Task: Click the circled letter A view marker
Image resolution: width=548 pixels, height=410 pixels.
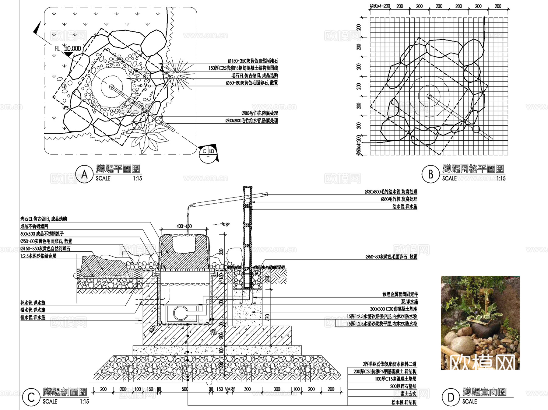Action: [x=84, y=174]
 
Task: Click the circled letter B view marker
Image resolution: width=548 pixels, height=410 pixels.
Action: [x=430, y=174]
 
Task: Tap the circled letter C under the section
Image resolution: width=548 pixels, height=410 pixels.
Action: [x=31, y=397]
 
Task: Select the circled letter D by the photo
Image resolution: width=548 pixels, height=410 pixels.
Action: [x=451, y=397]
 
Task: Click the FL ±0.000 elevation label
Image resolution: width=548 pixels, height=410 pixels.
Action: [x=68, y=48]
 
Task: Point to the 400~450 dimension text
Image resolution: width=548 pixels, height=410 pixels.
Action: [x=184, y=226]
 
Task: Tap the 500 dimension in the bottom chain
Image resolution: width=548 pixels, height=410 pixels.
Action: [x=185, y=389]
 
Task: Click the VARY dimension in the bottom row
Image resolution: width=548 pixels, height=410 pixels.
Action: [x=230, y=389]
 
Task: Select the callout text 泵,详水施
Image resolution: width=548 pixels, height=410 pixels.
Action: [x=409, y=302]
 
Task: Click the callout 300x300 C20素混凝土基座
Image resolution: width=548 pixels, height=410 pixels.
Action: [x=393, y=309]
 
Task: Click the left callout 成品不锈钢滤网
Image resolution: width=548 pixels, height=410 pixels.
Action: [x=34, y=226]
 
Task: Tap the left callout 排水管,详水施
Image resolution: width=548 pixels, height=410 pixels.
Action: [x=33, y=317]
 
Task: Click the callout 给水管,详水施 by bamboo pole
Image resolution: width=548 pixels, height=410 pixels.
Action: [x=405, y=206]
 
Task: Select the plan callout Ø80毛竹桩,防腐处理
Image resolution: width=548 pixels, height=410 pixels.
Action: [x=259, y=113]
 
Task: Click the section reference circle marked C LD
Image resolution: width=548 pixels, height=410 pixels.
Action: [x=208, y=154]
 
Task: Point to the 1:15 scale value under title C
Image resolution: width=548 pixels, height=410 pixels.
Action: [x=84, y=401]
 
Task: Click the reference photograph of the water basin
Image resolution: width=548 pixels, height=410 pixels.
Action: [x=480, y=323]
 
